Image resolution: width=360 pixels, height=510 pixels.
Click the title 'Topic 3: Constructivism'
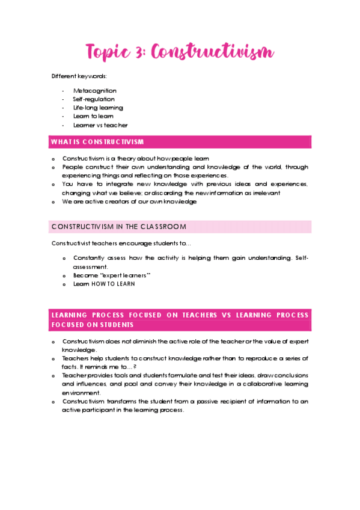(x=180, y=52)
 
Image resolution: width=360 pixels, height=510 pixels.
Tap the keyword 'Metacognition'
(x=95, y=91)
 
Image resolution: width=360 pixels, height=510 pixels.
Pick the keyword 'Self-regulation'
(x=94, y=99)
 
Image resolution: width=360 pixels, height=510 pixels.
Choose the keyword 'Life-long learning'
(x=98, y=108)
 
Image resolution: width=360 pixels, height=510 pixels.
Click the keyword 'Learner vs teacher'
(x=100, y=125)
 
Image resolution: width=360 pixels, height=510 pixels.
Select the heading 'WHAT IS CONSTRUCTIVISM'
(x=97, y=142)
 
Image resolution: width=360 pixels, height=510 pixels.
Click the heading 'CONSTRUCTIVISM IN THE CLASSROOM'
(x=119, y=227)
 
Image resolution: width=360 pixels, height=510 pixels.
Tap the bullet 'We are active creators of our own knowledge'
(x=129, y=201)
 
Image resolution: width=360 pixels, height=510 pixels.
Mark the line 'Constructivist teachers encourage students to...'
(x=121, y=244)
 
